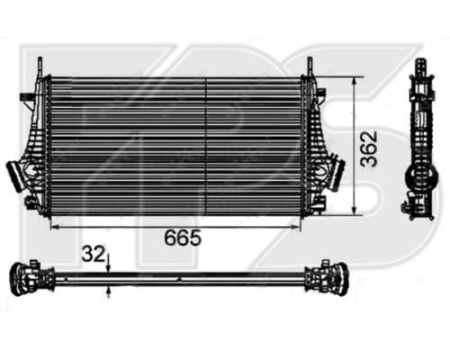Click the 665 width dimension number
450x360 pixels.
(x=183, y=238)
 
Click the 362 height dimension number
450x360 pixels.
(x=369, y=148)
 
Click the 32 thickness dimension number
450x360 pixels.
(x=94, y=254)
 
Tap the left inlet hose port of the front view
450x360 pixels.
(x=15, y=175)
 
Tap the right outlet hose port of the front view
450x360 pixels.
(x=337, y=175)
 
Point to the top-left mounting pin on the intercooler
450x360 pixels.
(x=40, y=67)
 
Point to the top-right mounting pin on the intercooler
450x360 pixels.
(x=310, y=67)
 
